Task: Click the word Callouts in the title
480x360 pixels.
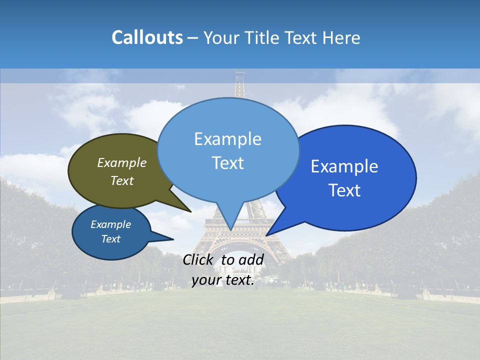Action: pos(147,37)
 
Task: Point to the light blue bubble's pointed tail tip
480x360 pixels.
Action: pos(230,230)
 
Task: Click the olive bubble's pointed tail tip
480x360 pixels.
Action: pos(191,212)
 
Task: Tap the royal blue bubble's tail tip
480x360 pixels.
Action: pos(266,235)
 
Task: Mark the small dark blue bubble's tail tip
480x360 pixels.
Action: pos(173,239)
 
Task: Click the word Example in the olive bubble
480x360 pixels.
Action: pos(122,162)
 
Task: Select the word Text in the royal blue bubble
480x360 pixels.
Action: pos(345,190)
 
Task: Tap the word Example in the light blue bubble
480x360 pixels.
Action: pos(227,139)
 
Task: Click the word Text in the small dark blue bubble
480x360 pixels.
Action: pos(111,239)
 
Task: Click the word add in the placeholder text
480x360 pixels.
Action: pos(251,259)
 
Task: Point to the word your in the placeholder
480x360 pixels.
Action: pos(206,280)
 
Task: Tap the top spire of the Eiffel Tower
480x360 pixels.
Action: pos(240,74)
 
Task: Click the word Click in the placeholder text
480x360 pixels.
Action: pos(198,259)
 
